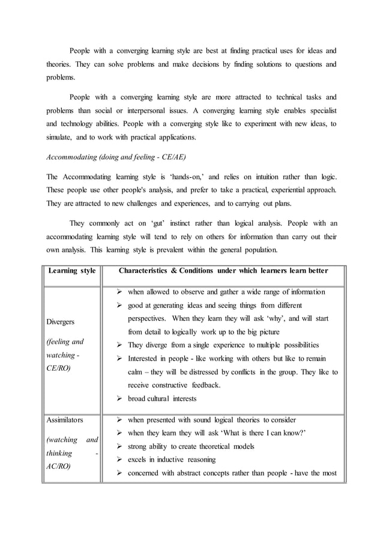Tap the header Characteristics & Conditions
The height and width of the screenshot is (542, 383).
[x=223, y=270]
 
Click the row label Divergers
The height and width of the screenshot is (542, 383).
[x=61, y=321]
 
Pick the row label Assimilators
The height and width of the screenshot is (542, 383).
[x=65, y=419]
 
